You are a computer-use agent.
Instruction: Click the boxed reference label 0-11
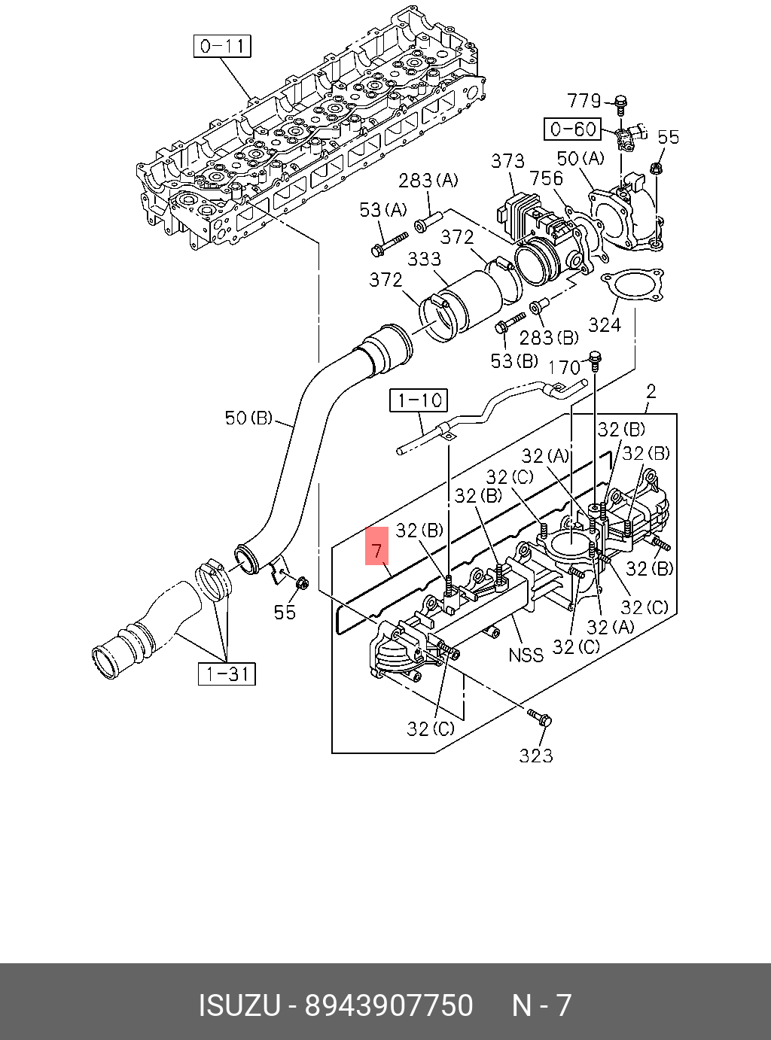point(222,47)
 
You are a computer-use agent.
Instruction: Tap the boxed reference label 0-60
point(573,129)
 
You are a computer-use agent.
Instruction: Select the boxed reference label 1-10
point(419,400)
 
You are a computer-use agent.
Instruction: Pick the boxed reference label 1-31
point(227,674)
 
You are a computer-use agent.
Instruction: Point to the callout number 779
point(584,101)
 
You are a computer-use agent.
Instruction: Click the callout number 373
point(507,161)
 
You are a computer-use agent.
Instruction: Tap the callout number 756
point(546,178)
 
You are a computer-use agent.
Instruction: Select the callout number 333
point(424,259)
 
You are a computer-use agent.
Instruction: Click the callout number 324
point(605,325)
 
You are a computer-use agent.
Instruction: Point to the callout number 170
point(564,367)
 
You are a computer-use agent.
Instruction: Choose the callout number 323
point(535,756)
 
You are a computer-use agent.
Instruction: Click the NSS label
point(526,655)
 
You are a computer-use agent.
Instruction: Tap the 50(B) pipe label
point(248,417)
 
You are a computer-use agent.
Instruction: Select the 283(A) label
point(428,181)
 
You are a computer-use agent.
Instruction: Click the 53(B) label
point(514,361)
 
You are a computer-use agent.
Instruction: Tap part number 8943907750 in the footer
point(389,1006)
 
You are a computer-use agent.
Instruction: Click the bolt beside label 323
point(540,716)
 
